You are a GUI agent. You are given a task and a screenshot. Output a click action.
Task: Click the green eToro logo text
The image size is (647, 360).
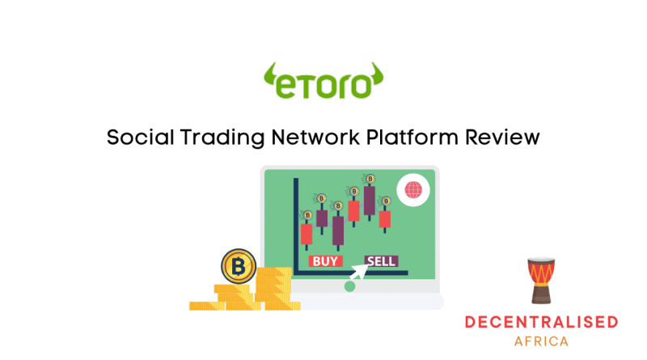(323, 86)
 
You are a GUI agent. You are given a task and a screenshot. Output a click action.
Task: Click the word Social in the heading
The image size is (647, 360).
(140, 137)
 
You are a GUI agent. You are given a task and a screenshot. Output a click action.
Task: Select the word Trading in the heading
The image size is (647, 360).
(222, 138)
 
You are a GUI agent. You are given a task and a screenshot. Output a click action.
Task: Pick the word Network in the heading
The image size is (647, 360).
(315, 137)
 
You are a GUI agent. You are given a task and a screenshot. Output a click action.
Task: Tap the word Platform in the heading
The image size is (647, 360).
(412, 137)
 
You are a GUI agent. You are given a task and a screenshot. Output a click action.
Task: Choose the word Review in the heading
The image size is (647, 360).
(502, 137)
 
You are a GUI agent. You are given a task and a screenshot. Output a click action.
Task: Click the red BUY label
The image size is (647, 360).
(326, 261)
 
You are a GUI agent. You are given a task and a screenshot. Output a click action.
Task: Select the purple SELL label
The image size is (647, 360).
(381, 261)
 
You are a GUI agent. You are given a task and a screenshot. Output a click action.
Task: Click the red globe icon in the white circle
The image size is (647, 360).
(413, 190)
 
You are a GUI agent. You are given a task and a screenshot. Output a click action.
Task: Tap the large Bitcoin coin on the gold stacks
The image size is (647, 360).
(239, 266)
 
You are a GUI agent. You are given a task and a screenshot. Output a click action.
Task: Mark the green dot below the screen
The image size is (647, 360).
(349, 286)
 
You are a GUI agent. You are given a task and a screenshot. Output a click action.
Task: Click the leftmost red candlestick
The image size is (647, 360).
(307, 234)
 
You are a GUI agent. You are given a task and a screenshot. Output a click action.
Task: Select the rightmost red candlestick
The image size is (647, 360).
(385, 219)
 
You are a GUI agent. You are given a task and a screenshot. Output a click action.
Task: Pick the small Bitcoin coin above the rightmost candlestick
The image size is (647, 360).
(386, 201)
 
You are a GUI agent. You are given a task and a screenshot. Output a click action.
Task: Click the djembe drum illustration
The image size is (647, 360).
(541, 281)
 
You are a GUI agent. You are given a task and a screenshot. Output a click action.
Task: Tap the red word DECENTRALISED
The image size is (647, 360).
(541, 322)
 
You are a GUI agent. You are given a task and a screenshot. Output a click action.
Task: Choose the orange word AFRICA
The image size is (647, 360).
(541, 341)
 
